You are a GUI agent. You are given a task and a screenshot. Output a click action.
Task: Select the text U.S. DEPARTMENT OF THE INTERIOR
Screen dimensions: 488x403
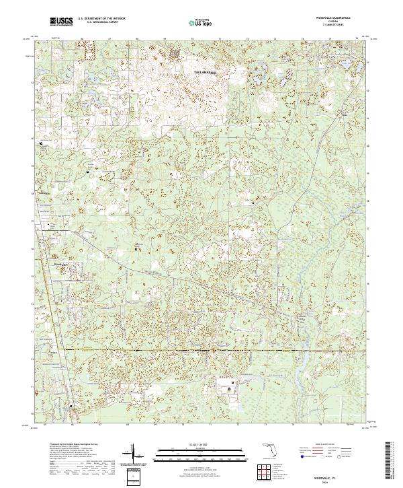(x=101, y=20)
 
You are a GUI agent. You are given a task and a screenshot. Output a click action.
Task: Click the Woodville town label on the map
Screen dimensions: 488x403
(x=62, y=265)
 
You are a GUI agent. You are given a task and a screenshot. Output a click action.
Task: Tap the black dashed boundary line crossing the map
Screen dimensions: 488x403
(x=201, y=350)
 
